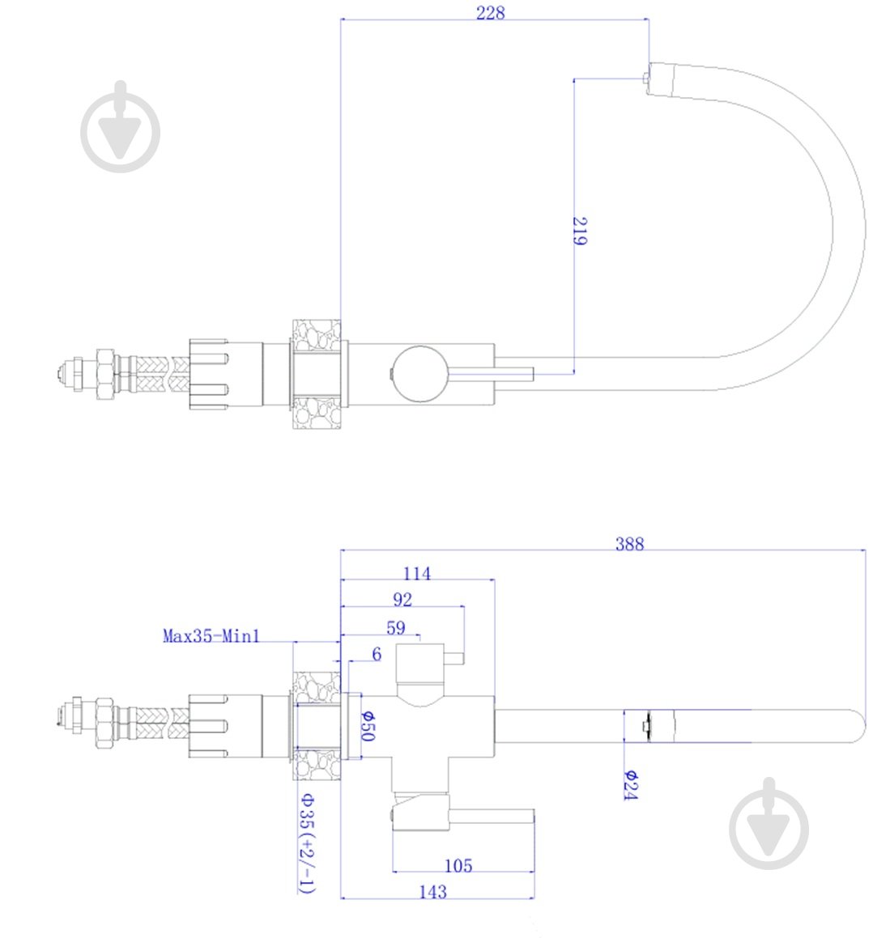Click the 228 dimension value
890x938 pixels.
point(490,13)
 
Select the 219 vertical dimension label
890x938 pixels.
point(579,231)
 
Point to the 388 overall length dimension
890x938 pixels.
point(630,543)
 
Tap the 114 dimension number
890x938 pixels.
point(416,573)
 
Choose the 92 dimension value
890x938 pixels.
point(402,600)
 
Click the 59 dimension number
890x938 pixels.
point(396,627)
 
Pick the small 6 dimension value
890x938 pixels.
point(377,654)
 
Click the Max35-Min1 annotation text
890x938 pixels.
point(211,635)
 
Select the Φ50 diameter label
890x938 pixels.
point(368,726)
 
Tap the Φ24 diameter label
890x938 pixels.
point(630,786)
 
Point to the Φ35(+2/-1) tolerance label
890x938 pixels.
point(306,843)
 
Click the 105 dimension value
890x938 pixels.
point(458,866)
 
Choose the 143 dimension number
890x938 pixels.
point(432,892)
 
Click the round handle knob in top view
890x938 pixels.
point(420,374)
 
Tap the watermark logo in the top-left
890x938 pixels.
point(121,127)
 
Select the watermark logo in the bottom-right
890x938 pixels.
point(769,824)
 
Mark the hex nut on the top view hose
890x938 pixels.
point(104,375)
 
